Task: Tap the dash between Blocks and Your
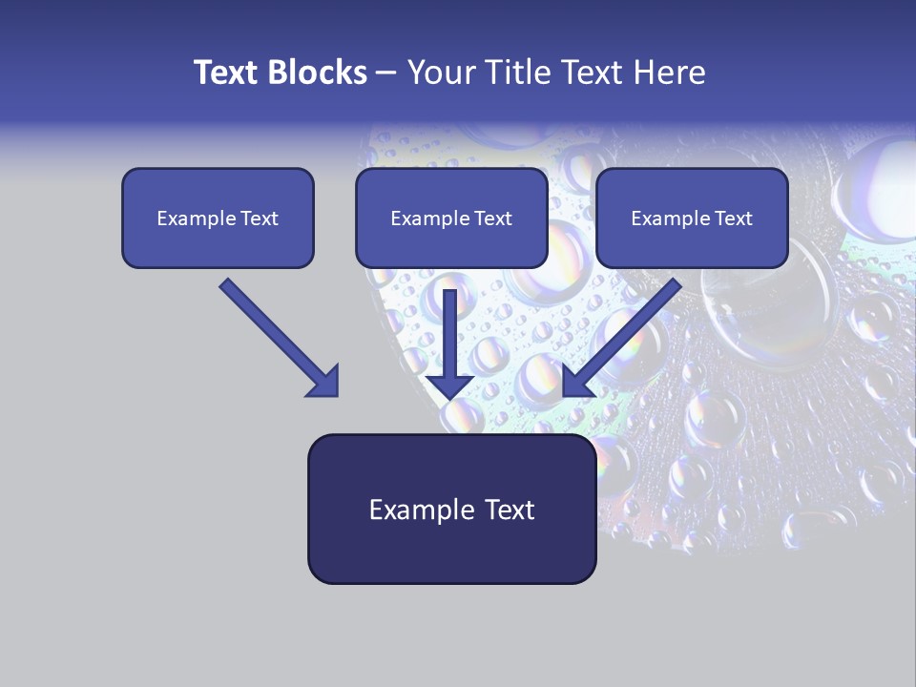[x=386, y=73]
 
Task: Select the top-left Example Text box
[x=218, y=219]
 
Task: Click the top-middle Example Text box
[x=451, y=219]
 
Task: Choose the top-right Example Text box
[x=692, y=219]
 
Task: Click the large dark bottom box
[x=451, y=510]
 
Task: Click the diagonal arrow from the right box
[x=625, y=334]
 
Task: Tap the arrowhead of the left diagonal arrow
[x=324, y=382]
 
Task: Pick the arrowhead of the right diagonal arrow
[x=577, y=381]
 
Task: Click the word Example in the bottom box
[x=417, y=510]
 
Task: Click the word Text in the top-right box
[x=733, y=219]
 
